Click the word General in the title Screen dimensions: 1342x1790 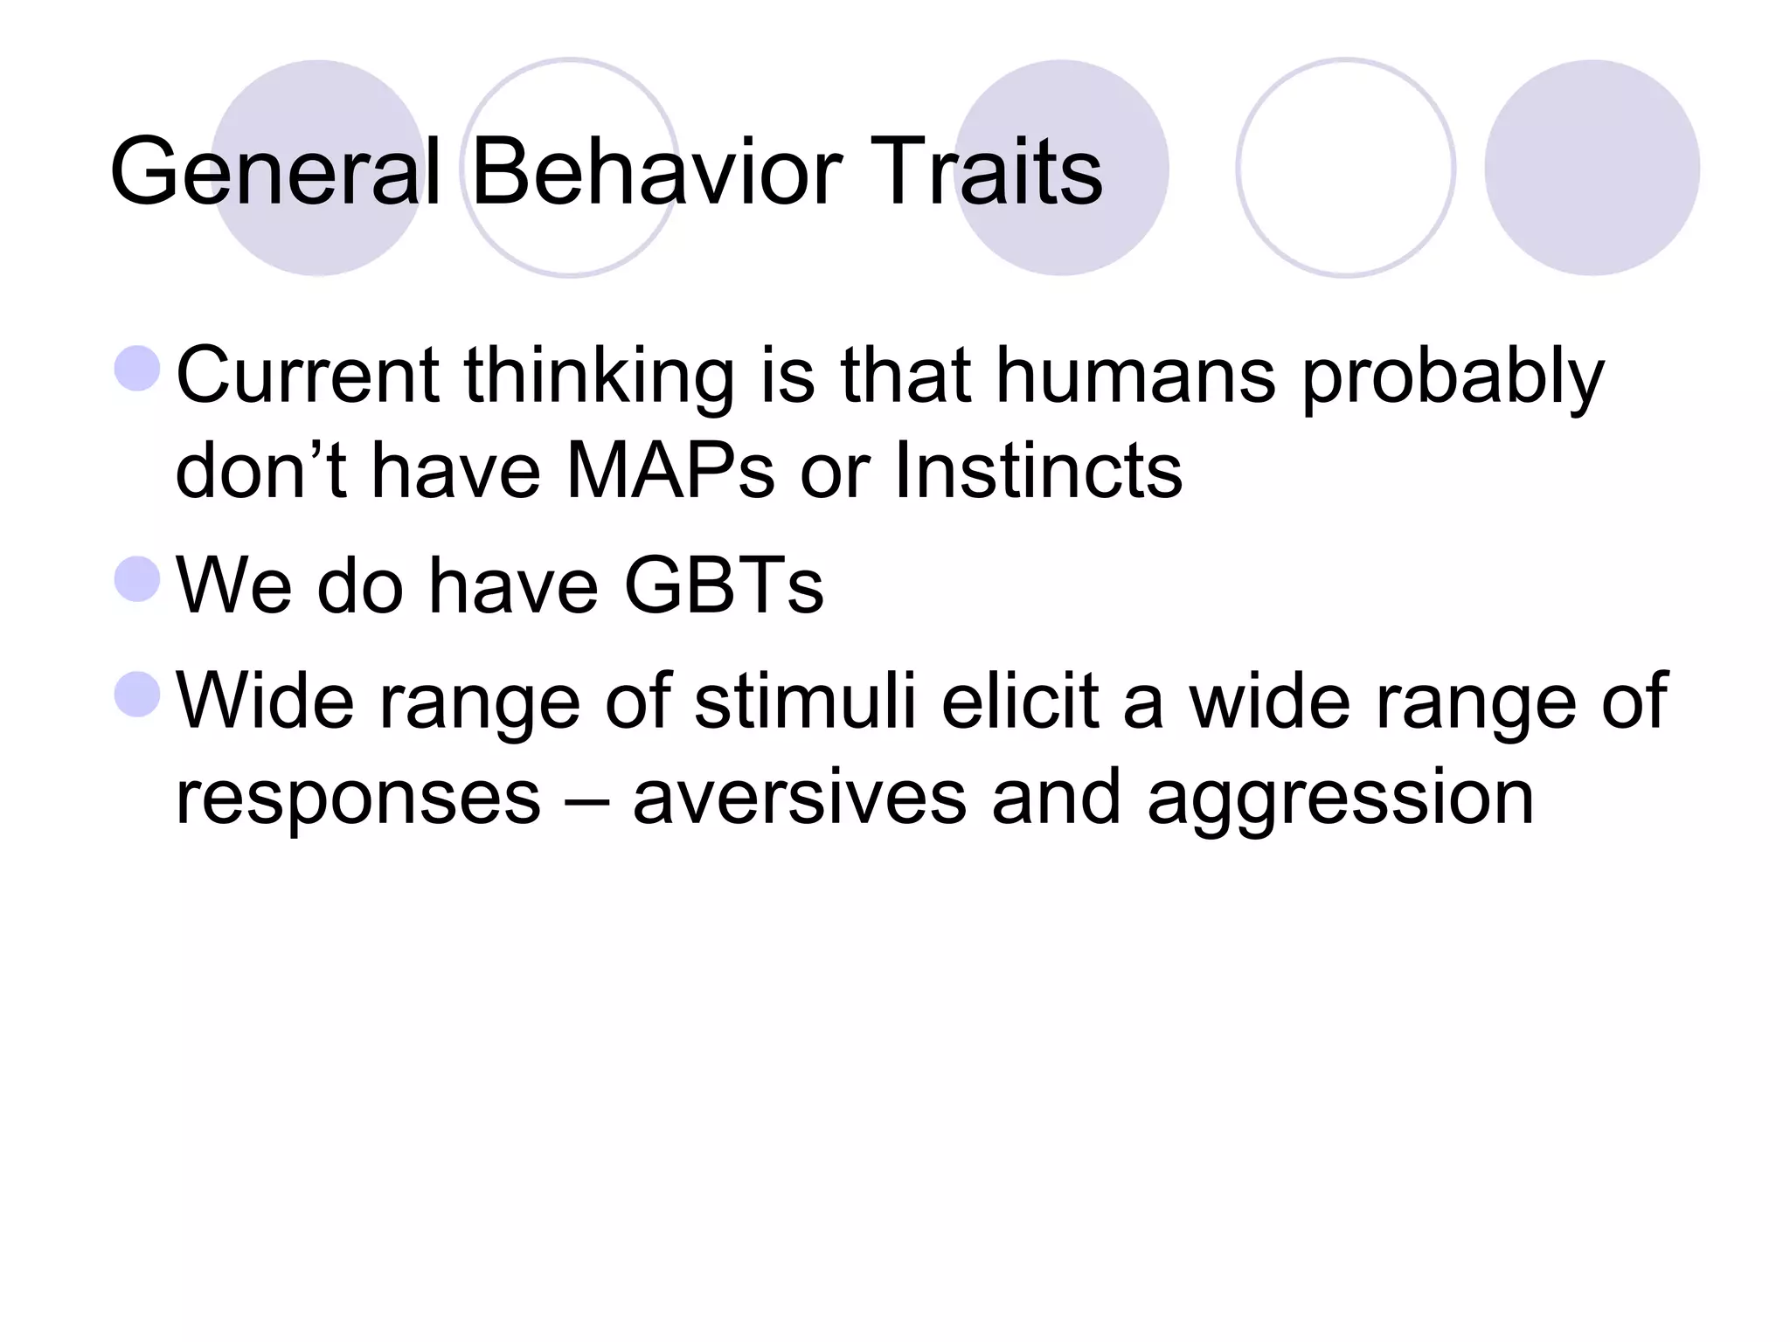[x=276, y=172]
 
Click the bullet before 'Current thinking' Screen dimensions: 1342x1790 [x=137, y=369]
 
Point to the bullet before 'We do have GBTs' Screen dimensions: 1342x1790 [x=137, y=580]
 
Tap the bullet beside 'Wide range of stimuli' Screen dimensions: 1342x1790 [x=137, y=695]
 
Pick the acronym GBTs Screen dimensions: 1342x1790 [x=724, y=585]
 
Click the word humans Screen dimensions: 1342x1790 [x=1135, y=376]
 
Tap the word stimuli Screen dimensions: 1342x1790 [x=805, y=701]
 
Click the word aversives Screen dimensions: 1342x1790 [x=799, y=797]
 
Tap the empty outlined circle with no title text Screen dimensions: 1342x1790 [x=1346, y=168]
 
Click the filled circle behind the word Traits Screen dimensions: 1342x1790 [x=1061, y=168]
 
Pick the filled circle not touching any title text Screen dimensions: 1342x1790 [x=1592, y=168]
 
